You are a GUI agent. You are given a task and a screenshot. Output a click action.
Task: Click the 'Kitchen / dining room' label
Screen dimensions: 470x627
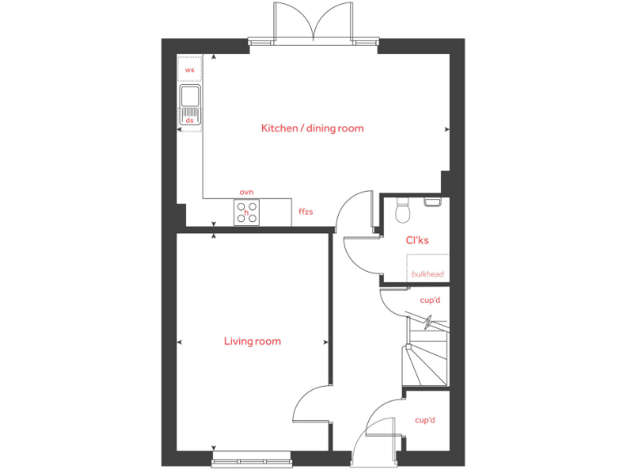[x=312, y=128]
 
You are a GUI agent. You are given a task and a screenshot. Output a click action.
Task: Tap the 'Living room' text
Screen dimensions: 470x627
[x=252, y=341]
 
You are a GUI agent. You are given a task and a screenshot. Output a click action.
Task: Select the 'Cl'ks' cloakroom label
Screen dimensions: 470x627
[x=417, y=241]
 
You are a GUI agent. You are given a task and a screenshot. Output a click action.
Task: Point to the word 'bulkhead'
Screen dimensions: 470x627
[x=428, y=274]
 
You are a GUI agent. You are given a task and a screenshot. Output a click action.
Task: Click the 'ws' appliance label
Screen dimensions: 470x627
[x=189, y=70]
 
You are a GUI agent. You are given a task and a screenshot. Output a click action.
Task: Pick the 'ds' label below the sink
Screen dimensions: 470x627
[x=189, y=121]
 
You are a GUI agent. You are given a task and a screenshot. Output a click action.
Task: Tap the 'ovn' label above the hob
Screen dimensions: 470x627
[x=247, y=192]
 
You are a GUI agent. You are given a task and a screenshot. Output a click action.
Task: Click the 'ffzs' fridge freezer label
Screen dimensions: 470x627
[x=306, y=212]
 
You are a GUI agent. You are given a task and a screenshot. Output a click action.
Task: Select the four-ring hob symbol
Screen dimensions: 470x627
[x=247, y=212]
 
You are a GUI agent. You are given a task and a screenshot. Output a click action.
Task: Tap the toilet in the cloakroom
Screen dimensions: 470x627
[x=401, y=211]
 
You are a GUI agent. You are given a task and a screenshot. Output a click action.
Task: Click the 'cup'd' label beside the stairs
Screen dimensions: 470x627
[x=429, y=300]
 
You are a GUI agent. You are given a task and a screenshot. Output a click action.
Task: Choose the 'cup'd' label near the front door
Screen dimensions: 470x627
[x=425, y=420]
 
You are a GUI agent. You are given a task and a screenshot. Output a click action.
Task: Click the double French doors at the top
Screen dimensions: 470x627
[x=313, y=22]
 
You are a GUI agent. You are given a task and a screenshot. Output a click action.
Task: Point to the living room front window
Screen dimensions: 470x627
[x=251, y=463]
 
